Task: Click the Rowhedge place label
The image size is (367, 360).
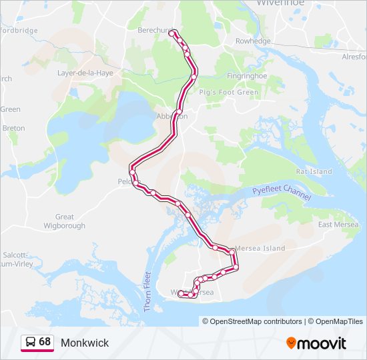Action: (253, 41)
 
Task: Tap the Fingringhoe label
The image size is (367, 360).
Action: (246, 75)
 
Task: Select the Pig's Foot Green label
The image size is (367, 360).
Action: (229, 92)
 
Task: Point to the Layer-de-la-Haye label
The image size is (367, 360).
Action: (85, 73)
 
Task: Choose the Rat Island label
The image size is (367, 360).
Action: (314, 171)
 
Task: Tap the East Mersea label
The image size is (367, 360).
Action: (338, 224)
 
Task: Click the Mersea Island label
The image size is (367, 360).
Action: (260, 248)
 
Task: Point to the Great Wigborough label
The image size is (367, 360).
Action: (65, 221)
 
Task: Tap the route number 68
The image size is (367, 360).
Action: (45, 341)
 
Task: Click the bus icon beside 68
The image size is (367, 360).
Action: (30, 342)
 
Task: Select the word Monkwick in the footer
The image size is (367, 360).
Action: (85, 343)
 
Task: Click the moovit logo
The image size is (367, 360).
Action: (316, 343)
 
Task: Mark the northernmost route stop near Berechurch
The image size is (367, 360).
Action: (172, 33)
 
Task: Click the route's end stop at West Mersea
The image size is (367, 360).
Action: (181, 293)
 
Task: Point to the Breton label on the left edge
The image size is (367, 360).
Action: (13, 128)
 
